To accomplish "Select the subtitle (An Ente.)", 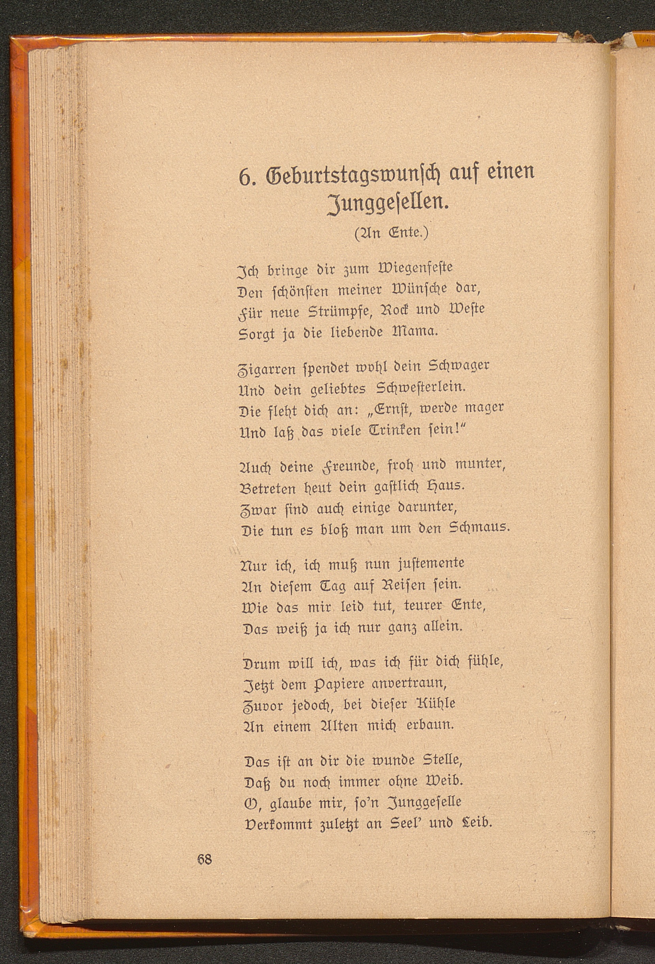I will coord(390,233).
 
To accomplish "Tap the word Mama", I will coord(411,332).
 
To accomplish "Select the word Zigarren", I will coord(267,367).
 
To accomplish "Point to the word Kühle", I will coord(440,704).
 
